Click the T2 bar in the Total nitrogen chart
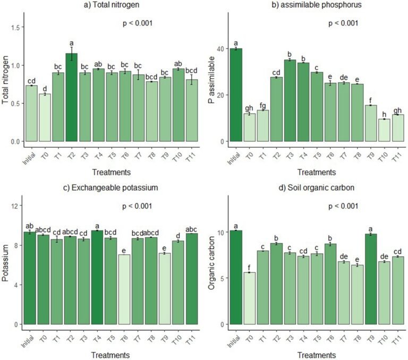(71, 97)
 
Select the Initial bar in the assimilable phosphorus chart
(236, 95)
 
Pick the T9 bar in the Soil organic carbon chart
(371, 279)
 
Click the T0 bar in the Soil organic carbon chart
(249, 298)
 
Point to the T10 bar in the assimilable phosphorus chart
(384, 130)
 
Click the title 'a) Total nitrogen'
(112, 5)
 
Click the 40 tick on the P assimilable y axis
(221, 49)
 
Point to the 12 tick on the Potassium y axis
(14, 205)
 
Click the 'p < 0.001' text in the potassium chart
(137, 206)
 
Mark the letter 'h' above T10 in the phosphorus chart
(384, 115)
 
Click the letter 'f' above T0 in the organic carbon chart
(249, 268)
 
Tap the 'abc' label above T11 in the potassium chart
(191, 229)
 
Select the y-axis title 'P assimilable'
(212, 80)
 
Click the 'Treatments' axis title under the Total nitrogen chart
(112, 172)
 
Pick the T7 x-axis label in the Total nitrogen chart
(138, 156)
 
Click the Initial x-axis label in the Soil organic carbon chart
(233, 341)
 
